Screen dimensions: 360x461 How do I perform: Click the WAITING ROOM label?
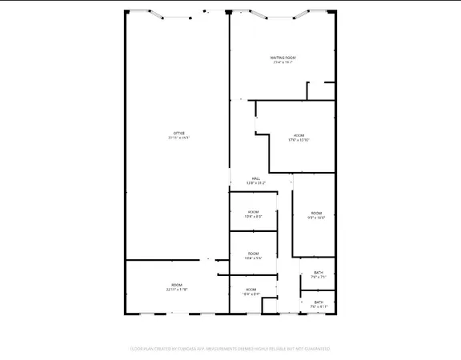point(283,58)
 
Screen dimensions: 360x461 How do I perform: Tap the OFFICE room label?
point(179,133)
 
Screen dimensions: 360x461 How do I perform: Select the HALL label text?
point(256,178)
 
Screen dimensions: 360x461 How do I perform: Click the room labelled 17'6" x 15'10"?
point(299,137)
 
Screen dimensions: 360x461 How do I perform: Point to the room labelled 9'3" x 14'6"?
point(316,214)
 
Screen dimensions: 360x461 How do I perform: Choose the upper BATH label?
point(319,274)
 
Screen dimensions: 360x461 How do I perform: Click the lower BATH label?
point(319,302)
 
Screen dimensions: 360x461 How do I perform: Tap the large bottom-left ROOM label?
point(177,286)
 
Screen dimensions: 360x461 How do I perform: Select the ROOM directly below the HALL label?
point(252,213)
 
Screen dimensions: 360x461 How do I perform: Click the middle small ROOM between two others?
point(252,255)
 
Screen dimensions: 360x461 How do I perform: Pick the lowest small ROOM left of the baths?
point(251,290)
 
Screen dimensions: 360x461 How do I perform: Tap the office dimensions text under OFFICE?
point(179,138)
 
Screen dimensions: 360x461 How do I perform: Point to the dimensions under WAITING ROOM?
point(283,63)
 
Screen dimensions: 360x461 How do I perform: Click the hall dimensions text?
point(256,183)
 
